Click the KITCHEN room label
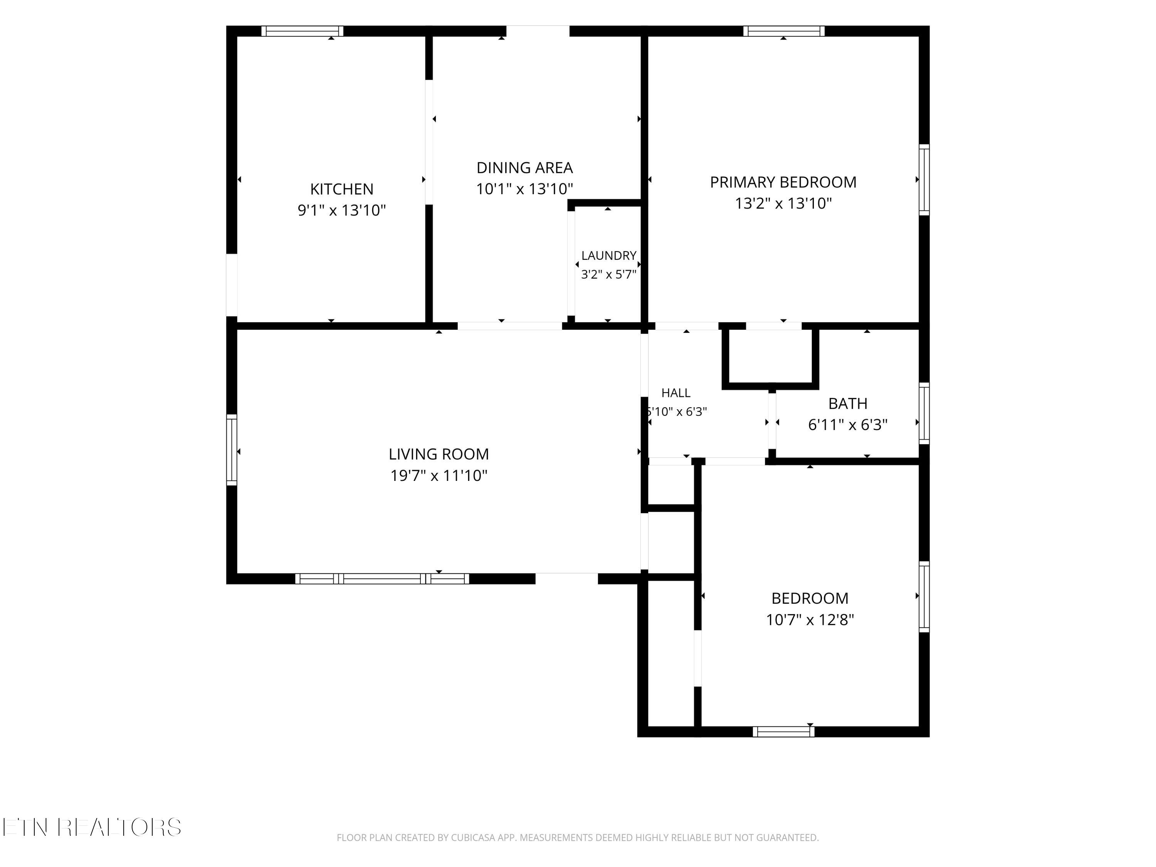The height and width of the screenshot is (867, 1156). coord(342,189)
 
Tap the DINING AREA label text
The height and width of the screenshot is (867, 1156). coord(525,168)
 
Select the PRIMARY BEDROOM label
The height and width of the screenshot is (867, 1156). coord(783,182)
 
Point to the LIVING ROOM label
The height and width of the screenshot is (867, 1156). coord(439,454)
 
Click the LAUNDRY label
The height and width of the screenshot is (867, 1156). coord(609,255)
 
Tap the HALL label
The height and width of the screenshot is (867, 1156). coord(676,393)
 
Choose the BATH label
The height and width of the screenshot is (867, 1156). coord(848,403)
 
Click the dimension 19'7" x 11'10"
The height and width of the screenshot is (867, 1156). coord(439,476)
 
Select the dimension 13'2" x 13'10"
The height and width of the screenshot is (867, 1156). coord(783,203)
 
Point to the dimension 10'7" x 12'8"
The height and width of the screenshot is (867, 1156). coord(810,620)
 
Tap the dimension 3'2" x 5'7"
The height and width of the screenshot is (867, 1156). coord(609,274)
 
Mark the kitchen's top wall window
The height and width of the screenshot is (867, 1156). coord(302,31)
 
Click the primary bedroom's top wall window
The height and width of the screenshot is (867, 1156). coord(784,31)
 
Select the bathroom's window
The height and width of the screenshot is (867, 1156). coord(924,413)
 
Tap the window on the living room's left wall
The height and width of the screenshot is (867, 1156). coord(232,450)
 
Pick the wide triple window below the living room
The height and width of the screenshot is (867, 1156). coord(382,578)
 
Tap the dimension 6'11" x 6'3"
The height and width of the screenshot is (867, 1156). coord(848,425)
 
